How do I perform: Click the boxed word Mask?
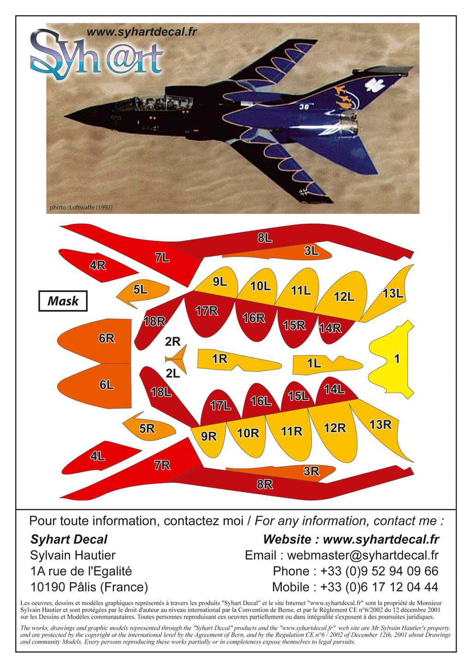click(63, 301)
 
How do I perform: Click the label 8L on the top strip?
click(265, 238)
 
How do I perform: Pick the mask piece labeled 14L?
click(335, 390)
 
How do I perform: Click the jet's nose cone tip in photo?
click(65, 115)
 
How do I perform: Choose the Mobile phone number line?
click(355, 587)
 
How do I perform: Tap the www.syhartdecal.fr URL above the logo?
click(142, 32)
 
